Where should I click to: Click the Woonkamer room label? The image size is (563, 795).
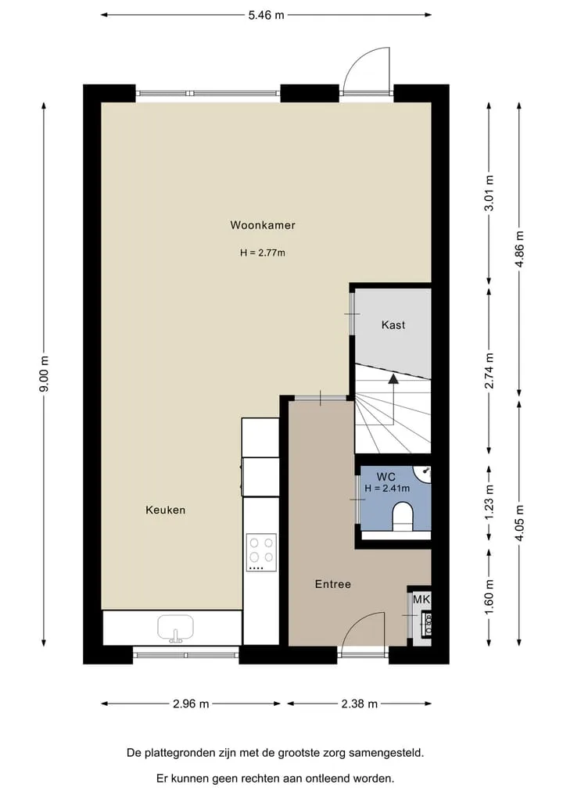point(262,225)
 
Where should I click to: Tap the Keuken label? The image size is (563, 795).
point(165,510)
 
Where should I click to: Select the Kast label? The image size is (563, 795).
point(393,325)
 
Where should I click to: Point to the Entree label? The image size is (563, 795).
point(333,584)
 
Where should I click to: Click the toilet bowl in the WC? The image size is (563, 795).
point(403,516)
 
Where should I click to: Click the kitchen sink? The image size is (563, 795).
point(175,628)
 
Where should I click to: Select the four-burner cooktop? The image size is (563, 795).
point(261,552)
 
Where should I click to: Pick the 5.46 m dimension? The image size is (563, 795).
point(267,15)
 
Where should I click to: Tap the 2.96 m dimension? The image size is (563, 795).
point(191,704)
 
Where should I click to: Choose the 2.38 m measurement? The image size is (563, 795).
point(359,704)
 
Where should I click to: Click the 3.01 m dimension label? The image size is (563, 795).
point(489,193)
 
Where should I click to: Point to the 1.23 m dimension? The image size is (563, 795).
point(489,502)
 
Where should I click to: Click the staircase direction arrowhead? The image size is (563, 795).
point(393,379)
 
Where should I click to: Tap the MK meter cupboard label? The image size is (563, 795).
point(421,600)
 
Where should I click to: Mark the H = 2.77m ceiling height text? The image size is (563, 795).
point(262,252)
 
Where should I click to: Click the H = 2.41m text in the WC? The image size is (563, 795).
point(387,489)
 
